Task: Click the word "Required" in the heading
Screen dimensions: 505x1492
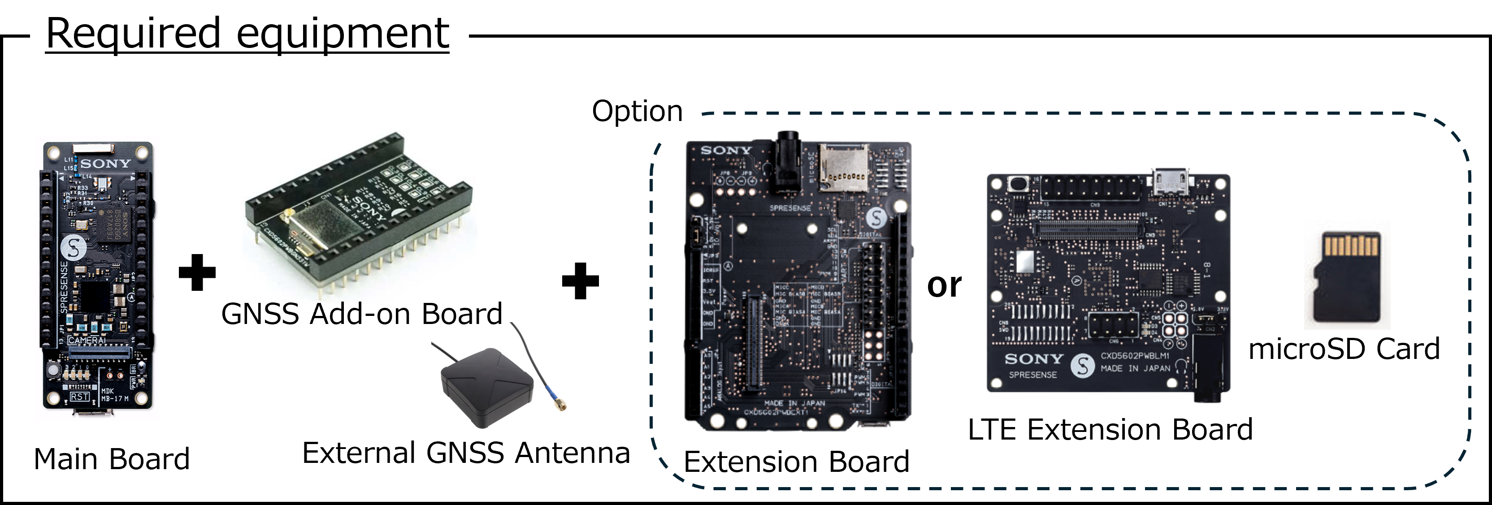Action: (133, 33)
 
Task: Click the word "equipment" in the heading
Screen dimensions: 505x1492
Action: (343, 33)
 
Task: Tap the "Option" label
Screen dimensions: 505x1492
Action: (637, 111)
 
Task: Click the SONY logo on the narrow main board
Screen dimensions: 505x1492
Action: (105, 164)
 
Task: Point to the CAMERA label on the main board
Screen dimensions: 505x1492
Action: (87, 341)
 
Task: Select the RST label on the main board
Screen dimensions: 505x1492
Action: (79, 397)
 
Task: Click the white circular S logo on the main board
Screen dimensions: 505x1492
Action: (74, 248)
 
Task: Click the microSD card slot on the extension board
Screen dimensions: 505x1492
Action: (843, 168)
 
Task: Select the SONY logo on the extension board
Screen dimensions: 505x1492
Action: (726, 151)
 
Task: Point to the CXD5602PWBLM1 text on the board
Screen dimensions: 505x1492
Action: (1135, 356)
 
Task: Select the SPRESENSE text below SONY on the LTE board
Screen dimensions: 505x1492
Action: (1033, 375)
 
